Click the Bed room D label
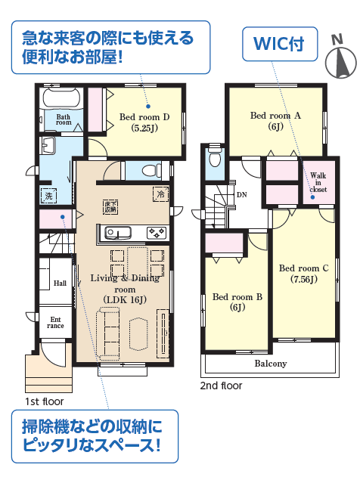pyautogui.click(x=144, y=122)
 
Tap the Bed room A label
pyautogui.click(x=275, y=121)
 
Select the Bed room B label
pyautogui.click(x=237, y=302)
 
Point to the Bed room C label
pyautogui.click(x=304, y=274)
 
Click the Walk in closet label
pyautogui.click(x=318, y=182)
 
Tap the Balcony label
pyautogui.click(x=271, y=364)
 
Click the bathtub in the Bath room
pyautogui.click(x=61, y=98)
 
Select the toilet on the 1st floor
pyautogui.click(x=151, y=170)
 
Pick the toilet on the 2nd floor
pyautogui.click(x=215, y=157)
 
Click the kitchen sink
pyautogui.click(x=118, y=233)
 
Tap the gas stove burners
pyautogui.click(x=157, y=233)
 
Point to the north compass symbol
pyautogui.click(x=340, y=58)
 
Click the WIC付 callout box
pyautogui.click(x=280, y=44)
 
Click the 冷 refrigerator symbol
pyautogui.click(x=160, y=194)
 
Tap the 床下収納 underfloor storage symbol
pyautogui.click(x=110, y=207)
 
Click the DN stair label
pyautogui.click(x=241, y=195)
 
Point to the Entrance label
pyautogui.click(x=55, y=323)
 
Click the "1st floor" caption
pyautogui.click(x=45, y=401)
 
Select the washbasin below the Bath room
pyautogui.click(x=48, y=145)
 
